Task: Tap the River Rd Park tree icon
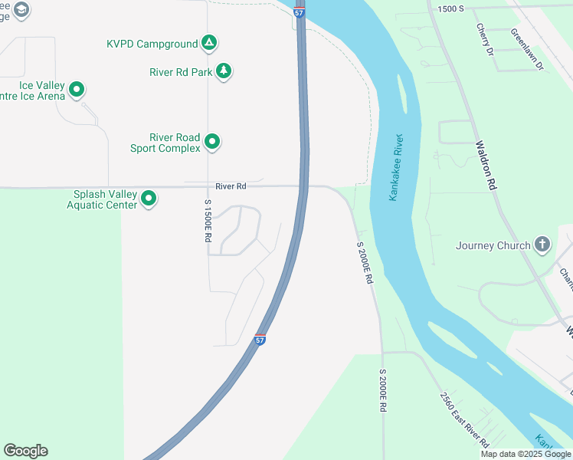(224, 71)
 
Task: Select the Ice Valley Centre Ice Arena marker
(77, 90)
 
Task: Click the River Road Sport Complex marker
(213, 142)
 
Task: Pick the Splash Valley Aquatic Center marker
(149, 199)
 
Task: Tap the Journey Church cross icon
(542, 245)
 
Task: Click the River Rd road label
(231, 186)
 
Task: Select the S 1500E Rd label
(208, 221)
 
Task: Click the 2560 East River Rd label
(464, 419)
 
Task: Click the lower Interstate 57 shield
(260, 340)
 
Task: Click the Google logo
(25, 451)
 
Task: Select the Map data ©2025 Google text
(526, 454)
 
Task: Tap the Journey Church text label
(493, 245)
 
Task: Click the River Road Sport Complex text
(175, 143)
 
